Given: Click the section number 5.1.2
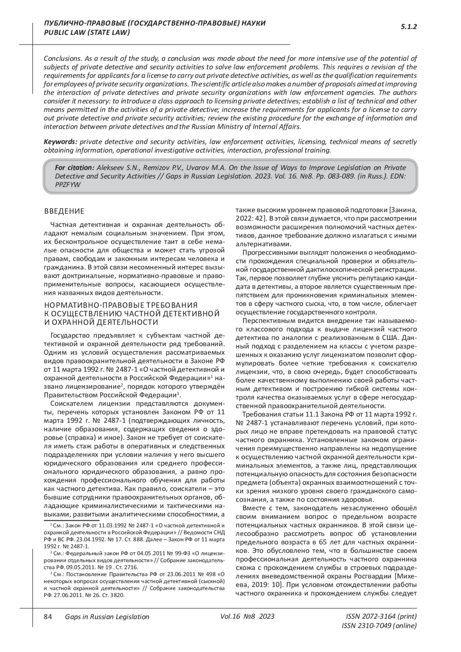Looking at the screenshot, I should [409, 27].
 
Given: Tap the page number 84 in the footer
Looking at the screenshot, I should [48, 617].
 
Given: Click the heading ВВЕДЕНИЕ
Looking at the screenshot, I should [64, 211].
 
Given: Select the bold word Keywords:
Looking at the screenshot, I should [61, 142].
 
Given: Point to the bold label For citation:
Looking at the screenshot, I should [75, 168].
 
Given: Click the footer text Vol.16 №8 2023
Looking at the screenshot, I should [247, 617].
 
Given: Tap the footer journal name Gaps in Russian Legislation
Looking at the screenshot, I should [107, 617].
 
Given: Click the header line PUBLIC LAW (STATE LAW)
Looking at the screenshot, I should [87, 33].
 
